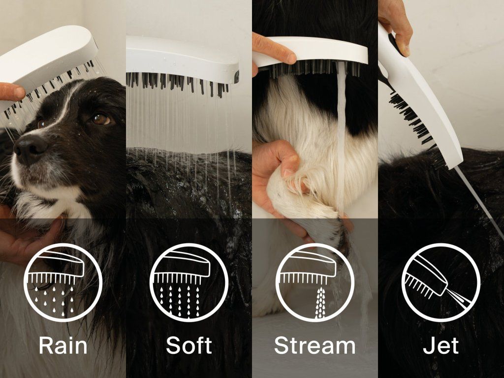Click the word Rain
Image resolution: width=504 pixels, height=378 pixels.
[x=63, y=345]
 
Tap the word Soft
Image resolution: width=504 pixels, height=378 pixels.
[x=189, y=345]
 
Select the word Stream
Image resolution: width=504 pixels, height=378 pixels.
[x=315, y=345]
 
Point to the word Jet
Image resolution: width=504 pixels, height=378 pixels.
[x=441, y=345]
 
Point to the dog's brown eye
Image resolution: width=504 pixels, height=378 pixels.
[x=100, y=119]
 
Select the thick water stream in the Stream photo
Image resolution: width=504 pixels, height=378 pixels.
[x=341, y=135]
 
